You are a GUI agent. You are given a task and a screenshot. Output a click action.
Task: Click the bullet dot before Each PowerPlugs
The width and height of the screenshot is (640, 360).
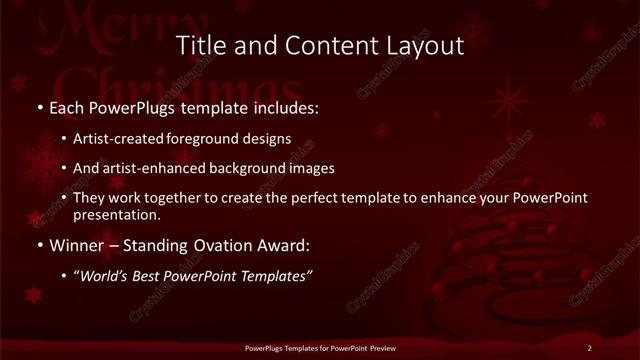coord(39,106)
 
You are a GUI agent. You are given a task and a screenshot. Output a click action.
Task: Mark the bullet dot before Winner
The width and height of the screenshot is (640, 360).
coord(39,244)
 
